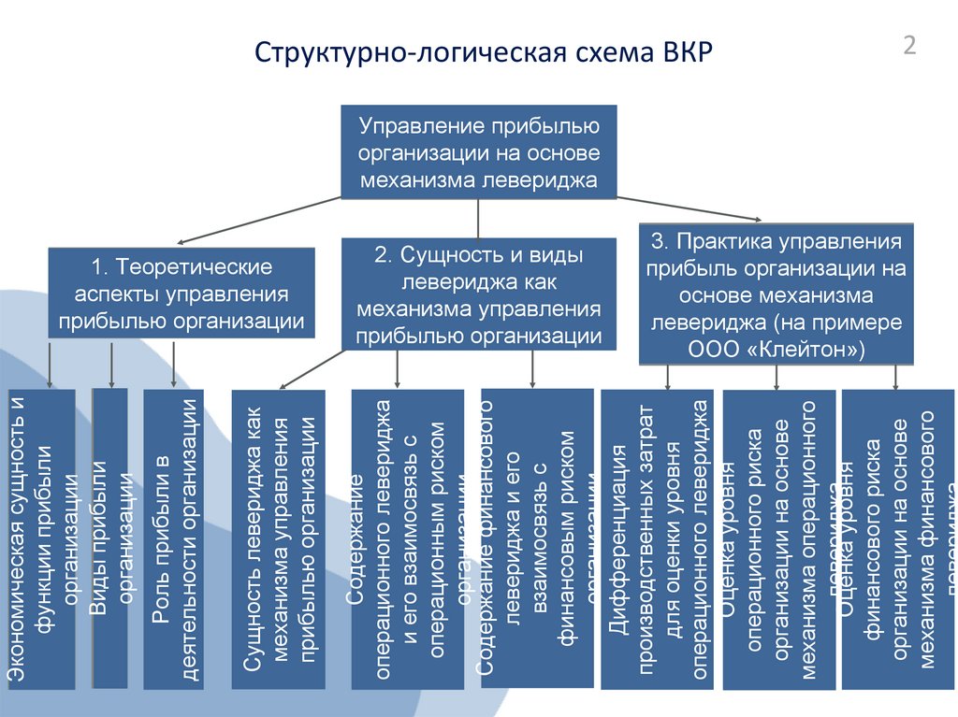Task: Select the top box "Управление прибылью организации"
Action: point(478,151)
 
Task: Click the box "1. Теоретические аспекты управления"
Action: point(181,293)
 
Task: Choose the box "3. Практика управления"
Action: point(776,294)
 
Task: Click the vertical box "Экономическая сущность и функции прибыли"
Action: point(40,539)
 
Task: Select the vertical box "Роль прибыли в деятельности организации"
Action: point(173,539)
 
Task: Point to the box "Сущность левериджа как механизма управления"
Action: point(278,539)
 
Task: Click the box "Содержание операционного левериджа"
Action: point(407,539)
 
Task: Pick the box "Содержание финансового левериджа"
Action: point(536,539)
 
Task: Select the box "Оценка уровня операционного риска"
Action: point(779,539)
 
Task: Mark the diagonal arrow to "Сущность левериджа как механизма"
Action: point(313,368)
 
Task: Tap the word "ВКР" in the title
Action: point(686,52)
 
